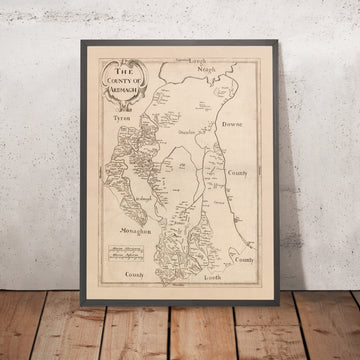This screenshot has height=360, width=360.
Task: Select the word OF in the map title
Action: click(x=150, y=81)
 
